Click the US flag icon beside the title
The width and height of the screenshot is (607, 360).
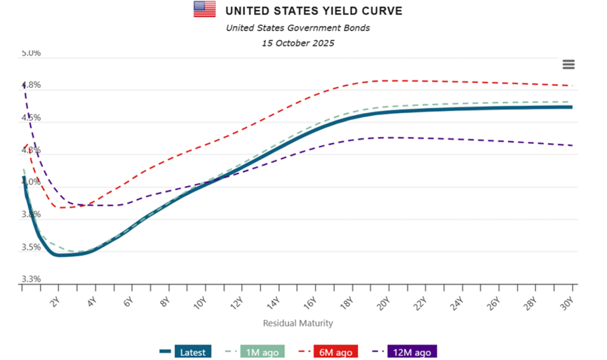tap(205, 9)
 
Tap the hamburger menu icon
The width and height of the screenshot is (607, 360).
tap(568, 65)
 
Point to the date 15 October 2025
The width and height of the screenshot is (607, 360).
tap(298, 43)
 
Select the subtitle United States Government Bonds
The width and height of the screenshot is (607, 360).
tap(298, 28)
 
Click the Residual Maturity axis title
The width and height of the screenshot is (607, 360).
tap(298, 324)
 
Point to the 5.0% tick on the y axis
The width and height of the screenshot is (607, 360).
tap(31, 53)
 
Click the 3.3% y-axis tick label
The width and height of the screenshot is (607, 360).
tap(31, 279)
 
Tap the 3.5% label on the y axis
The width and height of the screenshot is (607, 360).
tap(31, 247)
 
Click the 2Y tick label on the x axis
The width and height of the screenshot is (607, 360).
tap(55, 302)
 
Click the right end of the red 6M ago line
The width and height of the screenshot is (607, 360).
tap(572, 86)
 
